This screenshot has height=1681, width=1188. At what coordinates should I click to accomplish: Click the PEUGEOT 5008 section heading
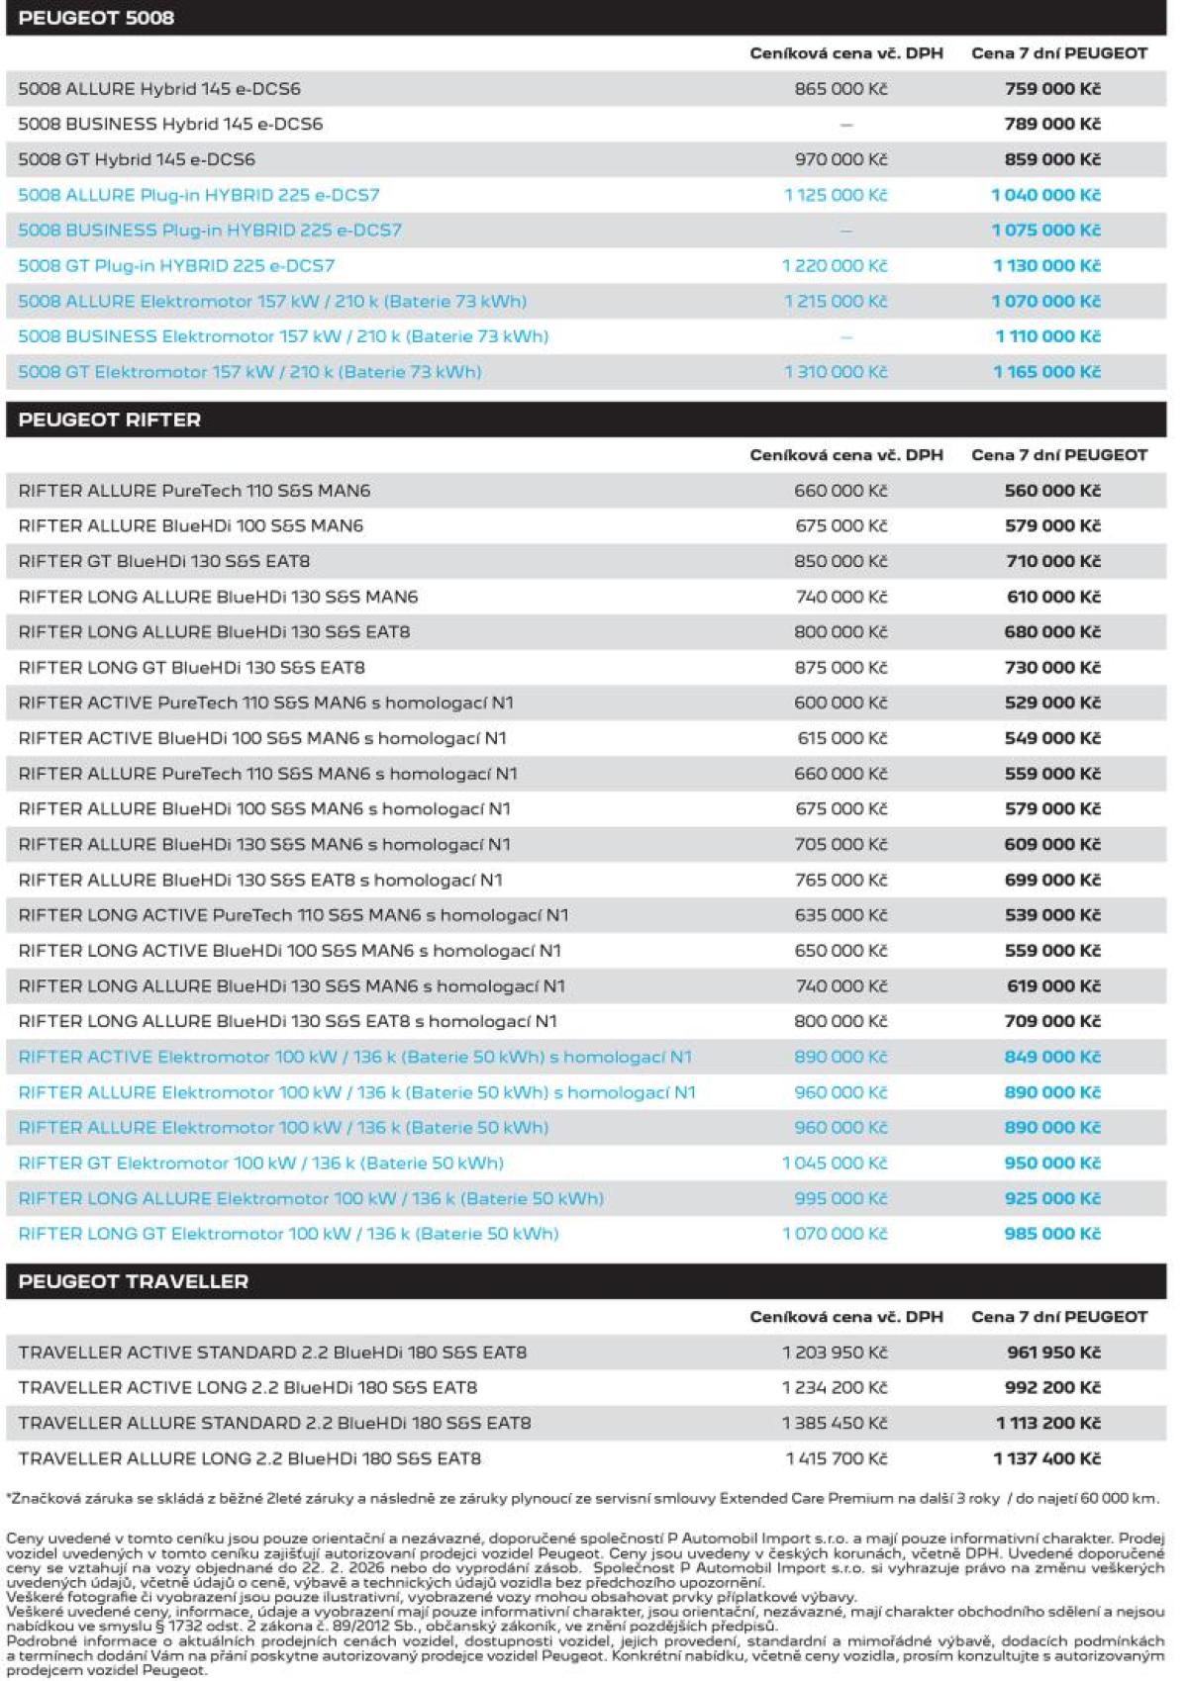coord(96,18)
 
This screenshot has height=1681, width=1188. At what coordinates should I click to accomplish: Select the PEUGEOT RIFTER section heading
coord(109,420)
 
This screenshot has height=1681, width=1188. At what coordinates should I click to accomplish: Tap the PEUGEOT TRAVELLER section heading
coord(133,1281)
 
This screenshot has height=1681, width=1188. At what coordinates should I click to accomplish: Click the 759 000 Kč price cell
coord(1051,89)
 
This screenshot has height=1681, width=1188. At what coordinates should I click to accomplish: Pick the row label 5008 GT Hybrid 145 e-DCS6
coord(137,159)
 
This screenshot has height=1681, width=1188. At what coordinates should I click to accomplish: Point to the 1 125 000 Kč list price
coord(836,195)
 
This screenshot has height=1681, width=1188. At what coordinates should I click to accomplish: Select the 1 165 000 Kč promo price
coord(1046,372)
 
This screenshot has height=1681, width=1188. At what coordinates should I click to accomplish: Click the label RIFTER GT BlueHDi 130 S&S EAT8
coord(164,561)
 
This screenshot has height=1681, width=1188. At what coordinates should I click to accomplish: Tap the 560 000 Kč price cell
coord(1051,491)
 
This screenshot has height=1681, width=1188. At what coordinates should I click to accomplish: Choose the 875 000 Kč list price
coord(841,668)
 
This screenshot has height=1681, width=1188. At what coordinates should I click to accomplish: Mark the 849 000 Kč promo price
coord(1051,1057)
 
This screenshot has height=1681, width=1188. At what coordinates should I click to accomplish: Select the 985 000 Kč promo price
coord(1051,1234)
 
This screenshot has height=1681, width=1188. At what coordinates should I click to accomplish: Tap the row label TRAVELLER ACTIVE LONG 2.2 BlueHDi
coord(247,1387)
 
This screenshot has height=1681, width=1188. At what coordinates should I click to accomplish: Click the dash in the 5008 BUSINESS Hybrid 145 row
coord(845,125)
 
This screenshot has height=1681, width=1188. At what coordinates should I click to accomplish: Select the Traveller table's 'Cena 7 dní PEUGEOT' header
coord(1058,1317)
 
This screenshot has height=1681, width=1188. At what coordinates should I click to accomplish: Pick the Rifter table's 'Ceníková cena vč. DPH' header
coord(845,455)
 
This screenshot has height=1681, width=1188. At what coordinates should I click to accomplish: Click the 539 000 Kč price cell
coord(1051,915)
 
